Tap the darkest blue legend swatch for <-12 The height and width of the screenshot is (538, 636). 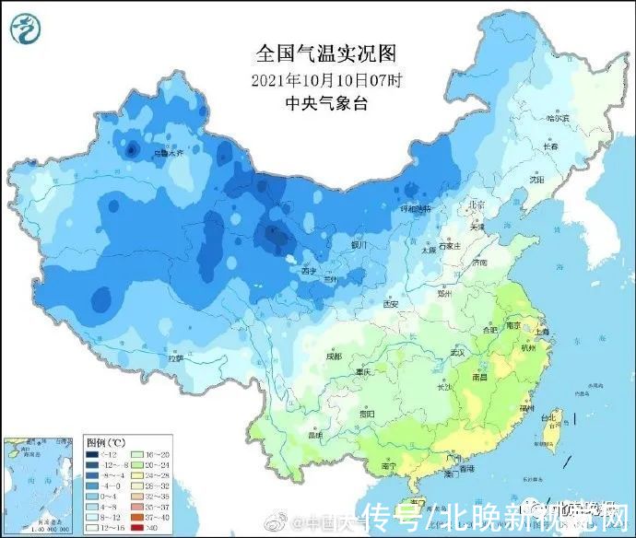pyautogui.click(x=93, y=454)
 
